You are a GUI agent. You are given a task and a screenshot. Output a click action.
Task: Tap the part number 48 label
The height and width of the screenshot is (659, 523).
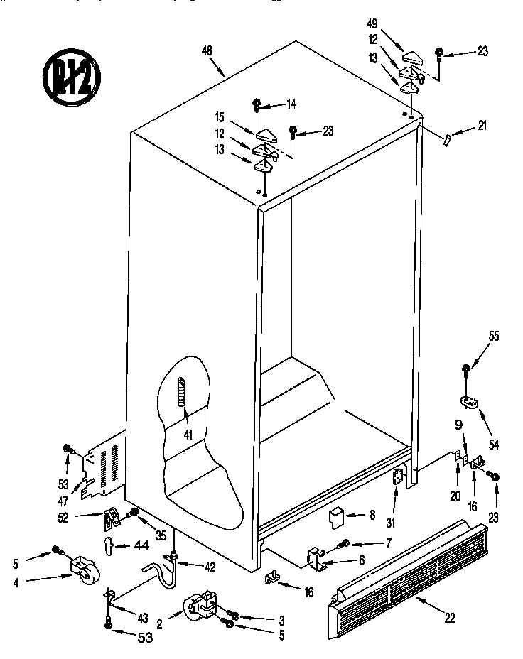207,51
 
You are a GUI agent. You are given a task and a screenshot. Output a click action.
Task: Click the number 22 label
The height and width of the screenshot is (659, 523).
449,618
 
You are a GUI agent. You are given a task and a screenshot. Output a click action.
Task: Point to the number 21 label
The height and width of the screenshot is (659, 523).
483,126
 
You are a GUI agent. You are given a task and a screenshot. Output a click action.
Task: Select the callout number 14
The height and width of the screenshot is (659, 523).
290,104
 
